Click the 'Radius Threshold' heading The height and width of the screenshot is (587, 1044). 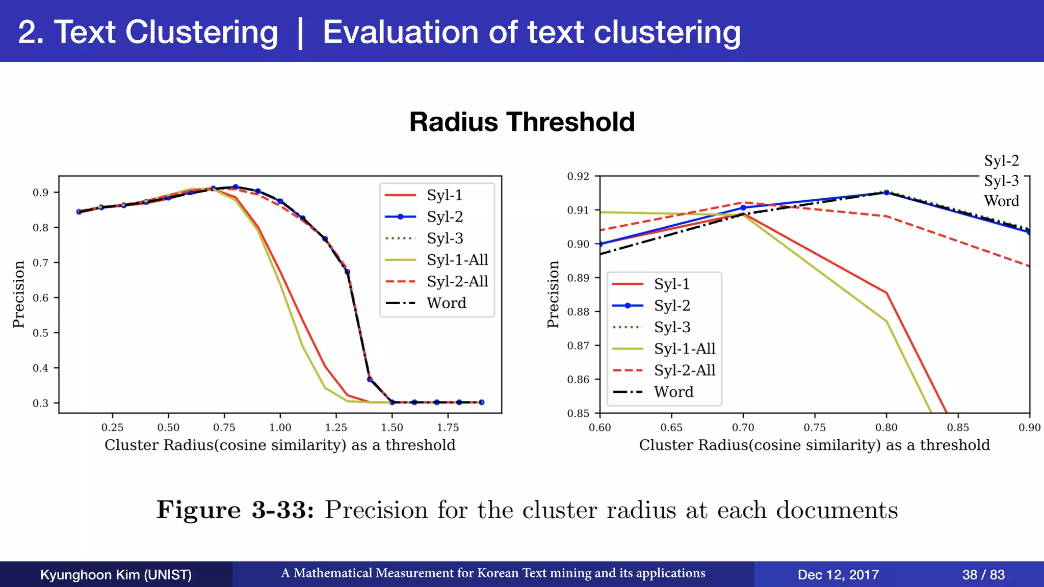(x=521, y=122)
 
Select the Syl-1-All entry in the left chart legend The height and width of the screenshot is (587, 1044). (x=457, y=260)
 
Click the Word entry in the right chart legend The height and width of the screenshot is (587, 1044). (x=673, y=392)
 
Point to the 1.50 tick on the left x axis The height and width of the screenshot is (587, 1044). (x=391, y=428)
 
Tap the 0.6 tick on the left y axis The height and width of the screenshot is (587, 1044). (x=40, y=298)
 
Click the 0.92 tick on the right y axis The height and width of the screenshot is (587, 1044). (x=578, y=176)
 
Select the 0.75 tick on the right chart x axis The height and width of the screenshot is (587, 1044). (x=815, y=428)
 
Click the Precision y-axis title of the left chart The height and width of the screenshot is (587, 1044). (x=19, y=295)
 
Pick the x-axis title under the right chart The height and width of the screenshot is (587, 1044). (x=814, y=445)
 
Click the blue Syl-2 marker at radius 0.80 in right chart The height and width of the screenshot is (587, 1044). (x=886, y=193)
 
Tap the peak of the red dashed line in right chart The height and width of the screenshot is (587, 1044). (x=743, y=202)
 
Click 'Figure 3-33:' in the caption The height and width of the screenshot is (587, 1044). (x=235, y=510)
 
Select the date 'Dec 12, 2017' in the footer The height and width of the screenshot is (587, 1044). (x=838, y=575)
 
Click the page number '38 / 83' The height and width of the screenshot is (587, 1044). (x=983, y=575)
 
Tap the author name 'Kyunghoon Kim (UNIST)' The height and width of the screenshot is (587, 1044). (x=116, y=575)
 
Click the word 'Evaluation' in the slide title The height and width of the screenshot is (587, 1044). (x=400, y=32)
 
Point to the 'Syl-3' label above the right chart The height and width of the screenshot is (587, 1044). (x=1001, y=181)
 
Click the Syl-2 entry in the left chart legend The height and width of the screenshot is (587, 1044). (x=445, y=217)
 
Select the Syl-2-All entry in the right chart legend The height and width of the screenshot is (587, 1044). (x=684, y=370)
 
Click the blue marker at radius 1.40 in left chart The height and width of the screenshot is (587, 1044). (x=370, y=379)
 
